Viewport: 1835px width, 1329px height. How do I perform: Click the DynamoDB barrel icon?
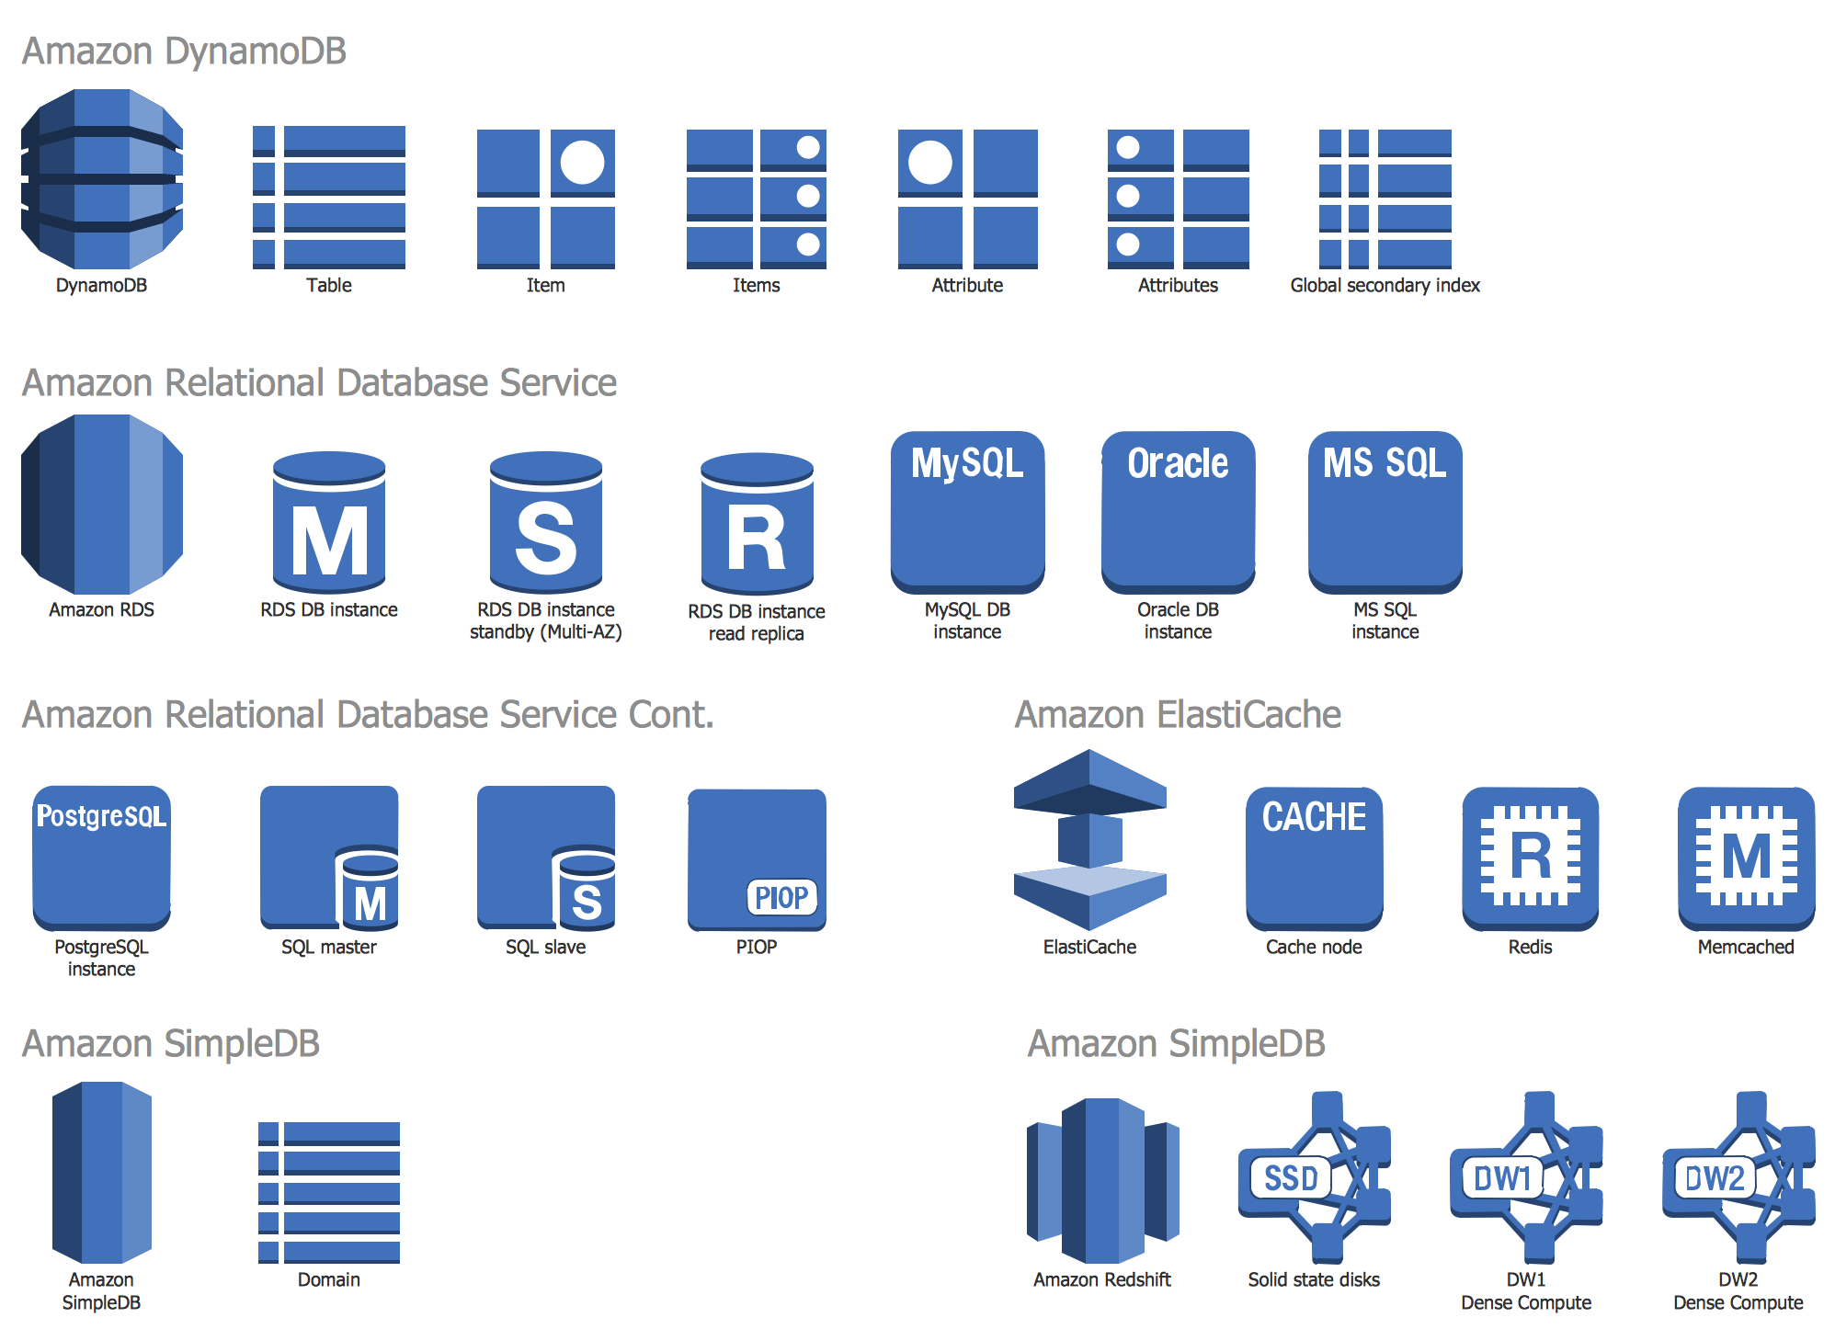click(101, 178)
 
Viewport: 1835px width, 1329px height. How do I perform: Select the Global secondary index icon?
click(1385, 199)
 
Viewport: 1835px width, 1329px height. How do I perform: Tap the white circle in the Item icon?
click(582, 163)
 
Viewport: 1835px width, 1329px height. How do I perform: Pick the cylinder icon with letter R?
click(757, 524)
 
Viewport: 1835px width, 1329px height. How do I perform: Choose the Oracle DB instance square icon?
click(1178, 512)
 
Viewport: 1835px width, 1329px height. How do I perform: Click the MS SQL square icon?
click(1385, 512)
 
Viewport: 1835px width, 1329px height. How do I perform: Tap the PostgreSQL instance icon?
click(101, 858)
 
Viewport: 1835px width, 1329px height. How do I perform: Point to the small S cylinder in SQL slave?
click(585, 890)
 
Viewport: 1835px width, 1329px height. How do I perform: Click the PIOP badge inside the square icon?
click(781, 897)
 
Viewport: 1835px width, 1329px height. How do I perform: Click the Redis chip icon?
click(1530, 858)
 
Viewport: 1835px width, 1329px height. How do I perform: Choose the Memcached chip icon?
click(1746, 858)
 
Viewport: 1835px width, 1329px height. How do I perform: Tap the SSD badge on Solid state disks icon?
click(1291, 1177)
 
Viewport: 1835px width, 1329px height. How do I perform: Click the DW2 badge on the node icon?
click(1715, 1177)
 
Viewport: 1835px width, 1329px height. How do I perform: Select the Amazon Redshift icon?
click(1102, 1180)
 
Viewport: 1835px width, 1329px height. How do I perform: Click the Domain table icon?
click(328, 1192)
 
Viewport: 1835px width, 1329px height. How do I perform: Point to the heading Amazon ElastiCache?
click(1177, 714)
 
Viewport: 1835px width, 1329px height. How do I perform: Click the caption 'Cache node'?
click(1314, 947)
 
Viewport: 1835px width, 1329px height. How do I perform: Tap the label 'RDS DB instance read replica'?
click(757, 622)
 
